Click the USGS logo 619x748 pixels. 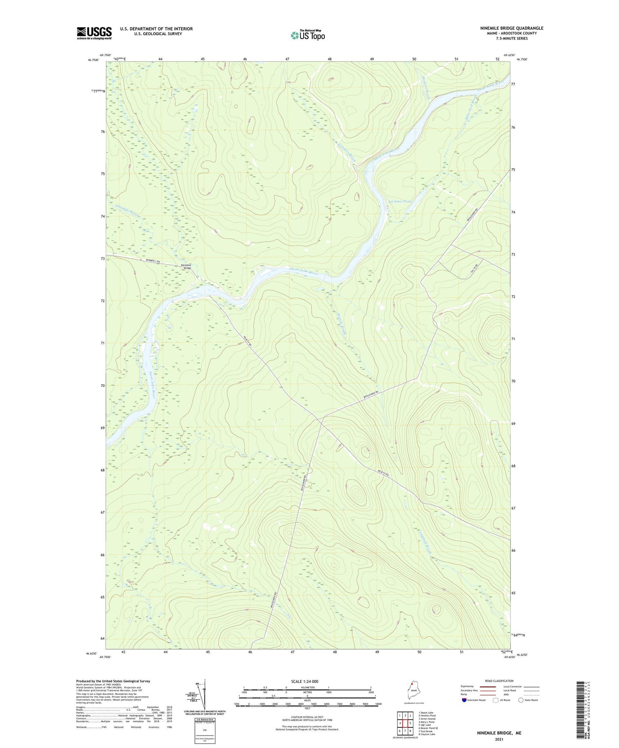pos(94,33)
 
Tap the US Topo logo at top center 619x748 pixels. pos(308,35)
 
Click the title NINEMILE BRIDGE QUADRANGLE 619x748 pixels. pos(511,28)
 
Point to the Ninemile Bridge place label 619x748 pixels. pos(186,266)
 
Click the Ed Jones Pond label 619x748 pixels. pos(399,201)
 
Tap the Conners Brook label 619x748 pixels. pos(347,152)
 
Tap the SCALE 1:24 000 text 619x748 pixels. pos(305,681)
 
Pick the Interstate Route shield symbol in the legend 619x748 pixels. pos(464,700)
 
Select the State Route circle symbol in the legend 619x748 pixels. pos(520,700)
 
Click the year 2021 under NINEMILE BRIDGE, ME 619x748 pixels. pos(499,739)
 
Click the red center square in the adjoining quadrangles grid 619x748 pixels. pos(405,723)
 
